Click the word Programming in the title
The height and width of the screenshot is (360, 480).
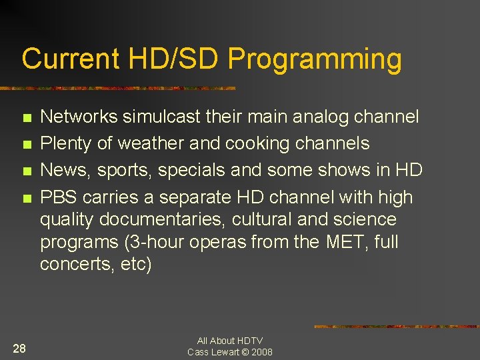point(315,59)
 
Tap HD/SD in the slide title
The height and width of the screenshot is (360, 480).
point(173,59)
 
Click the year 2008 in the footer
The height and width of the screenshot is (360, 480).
point(261,351)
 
